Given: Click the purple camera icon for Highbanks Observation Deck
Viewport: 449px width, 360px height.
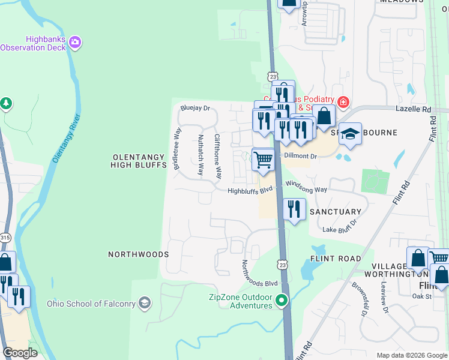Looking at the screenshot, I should [x=76, y=41].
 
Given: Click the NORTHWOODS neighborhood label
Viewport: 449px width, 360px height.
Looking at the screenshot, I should [x=138, y=254].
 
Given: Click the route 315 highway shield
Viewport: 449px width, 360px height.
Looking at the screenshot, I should [x=5, y=237].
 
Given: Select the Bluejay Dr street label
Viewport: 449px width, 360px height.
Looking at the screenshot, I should [x=195, y=109].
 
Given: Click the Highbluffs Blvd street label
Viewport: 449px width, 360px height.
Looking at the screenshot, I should [x=250, y=191].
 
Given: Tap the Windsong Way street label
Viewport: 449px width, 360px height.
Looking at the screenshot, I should [x=306, y=189].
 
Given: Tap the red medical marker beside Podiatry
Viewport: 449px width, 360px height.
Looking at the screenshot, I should [x=342, y=101].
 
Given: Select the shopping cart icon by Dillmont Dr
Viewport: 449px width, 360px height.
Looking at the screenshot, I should [x=263, y=160].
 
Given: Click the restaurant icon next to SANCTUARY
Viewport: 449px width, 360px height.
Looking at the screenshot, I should [x=293, y=209].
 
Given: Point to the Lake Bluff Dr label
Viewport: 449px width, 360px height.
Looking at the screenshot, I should [x=340, y=226].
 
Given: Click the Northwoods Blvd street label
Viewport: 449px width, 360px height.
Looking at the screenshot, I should [x=260, y=274].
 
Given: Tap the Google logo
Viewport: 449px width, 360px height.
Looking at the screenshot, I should [x=20, y=353].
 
